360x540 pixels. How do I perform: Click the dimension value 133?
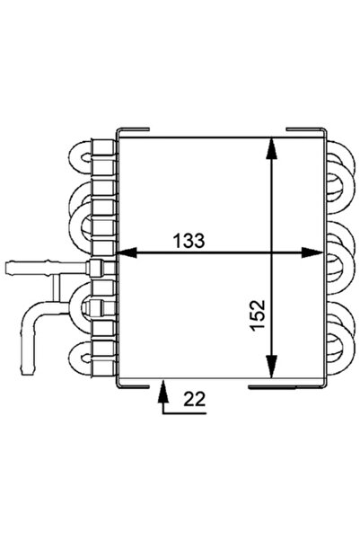pyautogui.click(x=189, y=241)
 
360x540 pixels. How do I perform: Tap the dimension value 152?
pyautogui.click(x=259, y=315)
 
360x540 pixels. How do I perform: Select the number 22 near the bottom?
pyautogui.click(x=195, y=399)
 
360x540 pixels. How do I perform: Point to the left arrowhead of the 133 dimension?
pyautogui.click(x=127, y=253)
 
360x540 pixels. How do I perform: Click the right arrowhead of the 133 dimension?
pyautogui.click(x=312, y=253)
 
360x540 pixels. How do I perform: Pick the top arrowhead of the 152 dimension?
pyautogui.click(x=272, y=148)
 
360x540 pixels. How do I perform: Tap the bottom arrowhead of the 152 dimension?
pyautogui.click(x=272, y=367)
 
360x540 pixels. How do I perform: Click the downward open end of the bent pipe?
pyautogui.click(x=28, y=371)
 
